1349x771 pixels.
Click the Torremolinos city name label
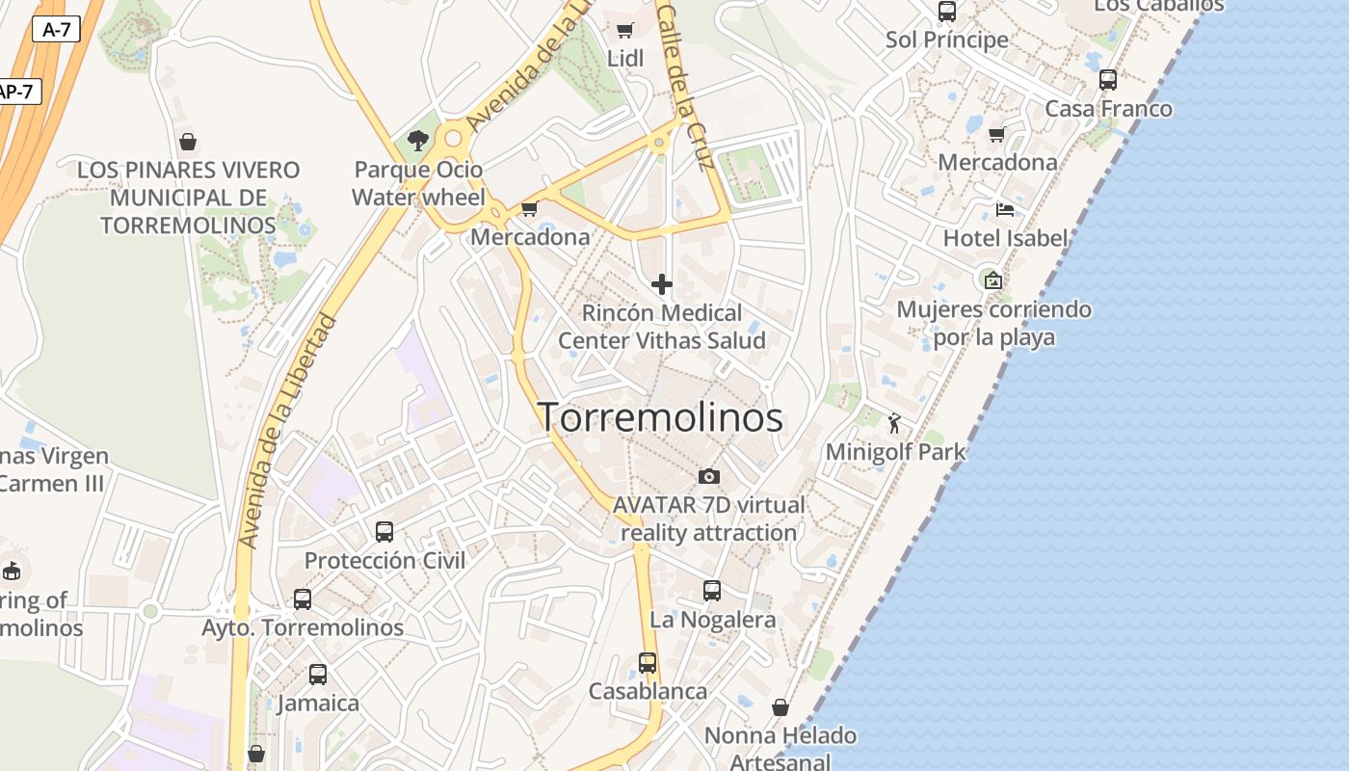coord(660,417)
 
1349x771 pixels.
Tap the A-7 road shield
coord(56,29)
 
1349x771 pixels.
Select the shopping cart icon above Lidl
coord(624,30)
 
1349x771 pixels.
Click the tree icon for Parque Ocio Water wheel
coord(417,141)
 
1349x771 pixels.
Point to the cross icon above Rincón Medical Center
coord(662,284)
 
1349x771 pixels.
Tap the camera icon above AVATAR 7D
coord(708,476)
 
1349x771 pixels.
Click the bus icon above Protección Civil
coord(384,531)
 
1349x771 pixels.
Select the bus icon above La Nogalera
coord(712,591)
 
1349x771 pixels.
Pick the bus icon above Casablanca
coord(648,663)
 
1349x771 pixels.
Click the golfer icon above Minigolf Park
coord(894,422)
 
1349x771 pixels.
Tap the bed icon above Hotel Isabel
coord(1005,209)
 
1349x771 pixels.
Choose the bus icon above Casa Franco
coord(1108,80)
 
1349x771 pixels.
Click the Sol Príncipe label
coord(947,40)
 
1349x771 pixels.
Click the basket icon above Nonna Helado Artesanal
coord(780,708)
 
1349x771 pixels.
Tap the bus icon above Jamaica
coord(318,675)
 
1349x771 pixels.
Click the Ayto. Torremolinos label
coord(303,627)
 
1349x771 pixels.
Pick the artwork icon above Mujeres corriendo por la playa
coord(993,280)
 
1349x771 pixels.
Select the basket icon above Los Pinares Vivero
coord(188,142)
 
